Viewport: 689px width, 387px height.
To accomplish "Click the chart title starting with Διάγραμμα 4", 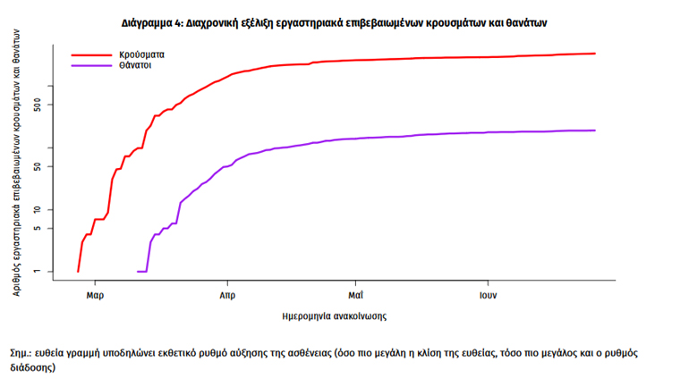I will tap(345, 21).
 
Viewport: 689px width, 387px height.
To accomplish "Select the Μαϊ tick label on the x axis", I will tap(356, 294).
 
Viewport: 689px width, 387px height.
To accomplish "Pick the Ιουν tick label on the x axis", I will tap(487, 294).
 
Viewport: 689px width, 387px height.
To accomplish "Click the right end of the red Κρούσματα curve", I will tap(595, 54).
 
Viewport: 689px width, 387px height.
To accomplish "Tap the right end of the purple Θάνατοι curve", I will tap(595, 130).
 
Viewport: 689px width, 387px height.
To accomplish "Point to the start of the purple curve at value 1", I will tap(138, 271).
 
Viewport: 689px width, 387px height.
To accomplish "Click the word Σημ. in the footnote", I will tap(18, 353).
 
